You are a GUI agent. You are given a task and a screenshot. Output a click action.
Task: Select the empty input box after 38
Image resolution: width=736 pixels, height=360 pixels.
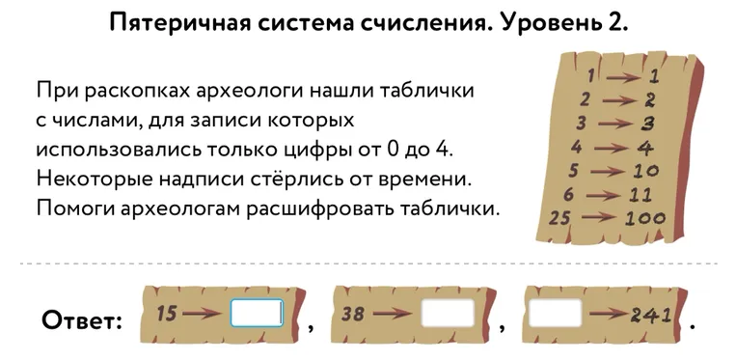coord(448,314)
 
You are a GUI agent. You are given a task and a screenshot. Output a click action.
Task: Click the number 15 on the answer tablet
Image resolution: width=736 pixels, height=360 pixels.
coord(167,313)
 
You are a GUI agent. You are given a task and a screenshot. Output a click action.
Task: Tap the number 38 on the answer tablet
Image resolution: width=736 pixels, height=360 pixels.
coord(354,314)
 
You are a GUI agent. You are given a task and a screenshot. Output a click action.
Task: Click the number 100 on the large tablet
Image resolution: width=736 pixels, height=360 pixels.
coord(645,218)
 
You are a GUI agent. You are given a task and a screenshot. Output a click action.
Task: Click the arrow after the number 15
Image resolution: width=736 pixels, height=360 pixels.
coord(202,314)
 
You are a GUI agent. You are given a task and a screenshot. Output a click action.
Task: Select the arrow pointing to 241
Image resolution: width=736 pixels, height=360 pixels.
coord(608,315)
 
